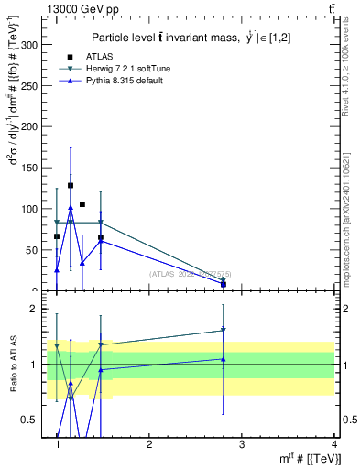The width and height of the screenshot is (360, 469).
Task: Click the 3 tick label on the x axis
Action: click(241, 444)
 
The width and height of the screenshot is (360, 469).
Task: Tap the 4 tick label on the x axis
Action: click(333, 444)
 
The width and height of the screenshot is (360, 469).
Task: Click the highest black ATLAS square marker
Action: click(71, 185)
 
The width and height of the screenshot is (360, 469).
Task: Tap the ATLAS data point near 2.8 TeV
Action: click(224, 284)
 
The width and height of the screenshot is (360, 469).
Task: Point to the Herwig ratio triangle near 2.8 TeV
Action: click(224, 330)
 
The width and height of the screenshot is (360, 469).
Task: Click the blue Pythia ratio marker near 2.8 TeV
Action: click(224, 359)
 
